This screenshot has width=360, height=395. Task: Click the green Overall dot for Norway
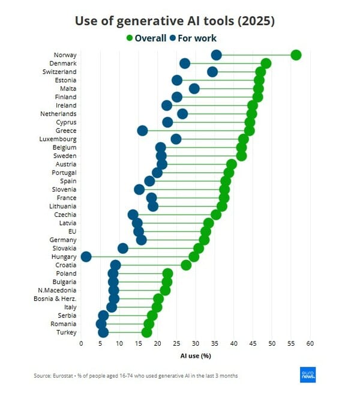pyautogui.click(x=296, y=55)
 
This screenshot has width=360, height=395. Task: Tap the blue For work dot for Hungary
pyautogui.click(x=86, y=257)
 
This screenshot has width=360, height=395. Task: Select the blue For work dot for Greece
pyautogui.click(x=142, y=131)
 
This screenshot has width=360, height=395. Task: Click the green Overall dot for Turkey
pyautogui.click(x=146, y=333)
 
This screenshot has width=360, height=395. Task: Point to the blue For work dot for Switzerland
pyautogui.click(x=212, y=72)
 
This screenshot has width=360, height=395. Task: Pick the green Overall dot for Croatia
pyautogui.click(x=186, y=265)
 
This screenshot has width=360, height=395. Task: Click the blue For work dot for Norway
pyautogui.click(x=217, y=55)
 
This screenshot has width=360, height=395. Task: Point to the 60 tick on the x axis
pyautogui.click(x=310, y=344)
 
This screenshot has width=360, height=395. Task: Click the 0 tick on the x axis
pyautogui.click(x=81, y=344)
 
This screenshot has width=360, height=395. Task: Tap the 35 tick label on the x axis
pyautogui.click(x=215, y=344)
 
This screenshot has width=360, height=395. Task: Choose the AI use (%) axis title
pyautogui.click(x=196, y=355)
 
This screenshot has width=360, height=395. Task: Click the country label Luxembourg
pyautogui.click(x=59, y=139)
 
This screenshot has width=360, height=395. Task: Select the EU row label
pyautogui.click(x=72, y=232)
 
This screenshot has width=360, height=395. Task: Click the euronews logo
pyautogui.click(x=307, y=374)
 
